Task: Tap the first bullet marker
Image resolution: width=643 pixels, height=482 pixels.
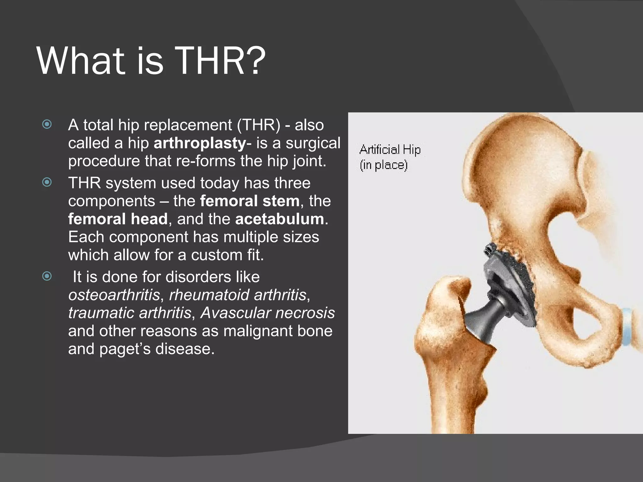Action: pyautogui.click(x=47, y=125)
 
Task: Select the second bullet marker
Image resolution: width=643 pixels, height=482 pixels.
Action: pyautogui.click(x=47, y=182)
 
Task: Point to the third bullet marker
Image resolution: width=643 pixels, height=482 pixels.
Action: pyautogui.click(x=47, y=276)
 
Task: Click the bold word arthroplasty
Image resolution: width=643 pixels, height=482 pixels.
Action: pyautogui.click(x=200, y=143)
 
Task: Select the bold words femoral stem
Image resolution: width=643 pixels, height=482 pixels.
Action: pyautogui.click(x=250, y=201)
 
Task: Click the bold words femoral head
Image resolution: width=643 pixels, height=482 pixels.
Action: pyautogui.click(x=118, y=219)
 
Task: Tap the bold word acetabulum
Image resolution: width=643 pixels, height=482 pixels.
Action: pyautogui.click(x=279, y=219)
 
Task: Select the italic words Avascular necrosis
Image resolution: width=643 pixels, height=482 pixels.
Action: pyautogui.click(x=267, y=313)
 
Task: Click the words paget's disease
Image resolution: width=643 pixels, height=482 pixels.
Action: pyautogui.click(x=157, y=349)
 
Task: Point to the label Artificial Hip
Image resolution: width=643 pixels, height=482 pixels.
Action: pyautogui.click(x=390, y=150)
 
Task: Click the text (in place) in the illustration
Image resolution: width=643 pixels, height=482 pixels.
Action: pyautogui.click(x=383, y=165)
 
